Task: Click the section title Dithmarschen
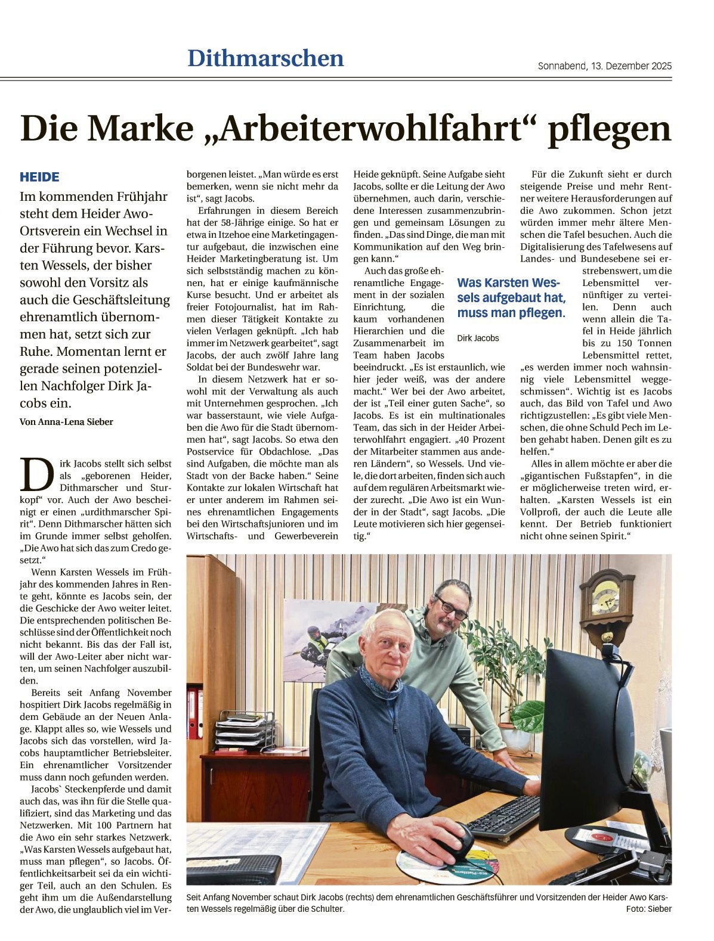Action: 265,58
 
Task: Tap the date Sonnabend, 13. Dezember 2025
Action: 604,66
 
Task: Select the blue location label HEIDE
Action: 39,177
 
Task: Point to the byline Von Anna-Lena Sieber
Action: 66,422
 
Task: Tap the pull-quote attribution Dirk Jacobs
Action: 478,338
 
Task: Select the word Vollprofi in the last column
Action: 542,512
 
